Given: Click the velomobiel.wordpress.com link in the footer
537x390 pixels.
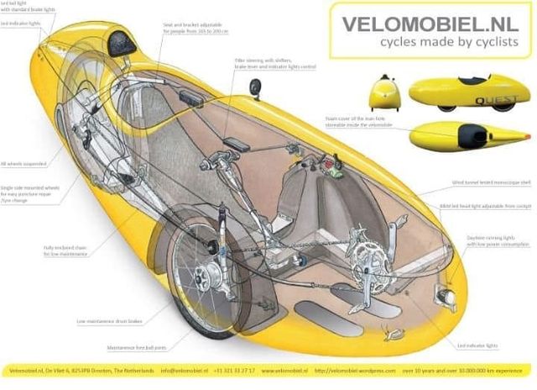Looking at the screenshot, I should pyautogui.click(x=388, y=369).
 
